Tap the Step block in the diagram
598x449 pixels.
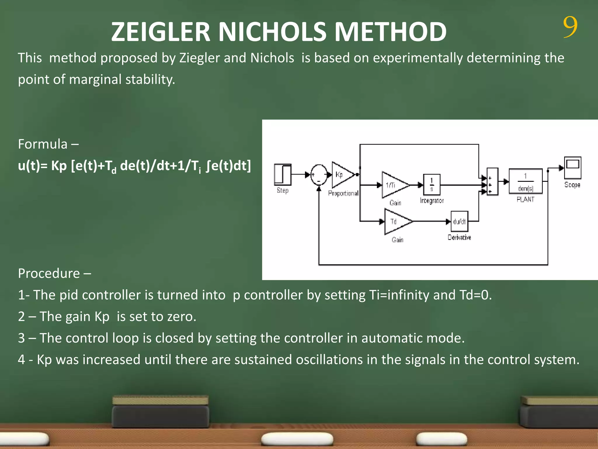point(283,175)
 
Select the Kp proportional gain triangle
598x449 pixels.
point(342,175)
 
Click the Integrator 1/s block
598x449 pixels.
point(432,184)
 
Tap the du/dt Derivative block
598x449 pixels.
point(459,222)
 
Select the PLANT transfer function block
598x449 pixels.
point(526,181)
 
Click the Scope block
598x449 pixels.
point(572,168)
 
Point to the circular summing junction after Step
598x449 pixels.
point(319,175)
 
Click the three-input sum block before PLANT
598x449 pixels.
point(492,182)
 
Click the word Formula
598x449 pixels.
point(43,144)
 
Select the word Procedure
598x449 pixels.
point(49,273)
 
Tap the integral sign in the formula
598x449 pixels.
point(208,166)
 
